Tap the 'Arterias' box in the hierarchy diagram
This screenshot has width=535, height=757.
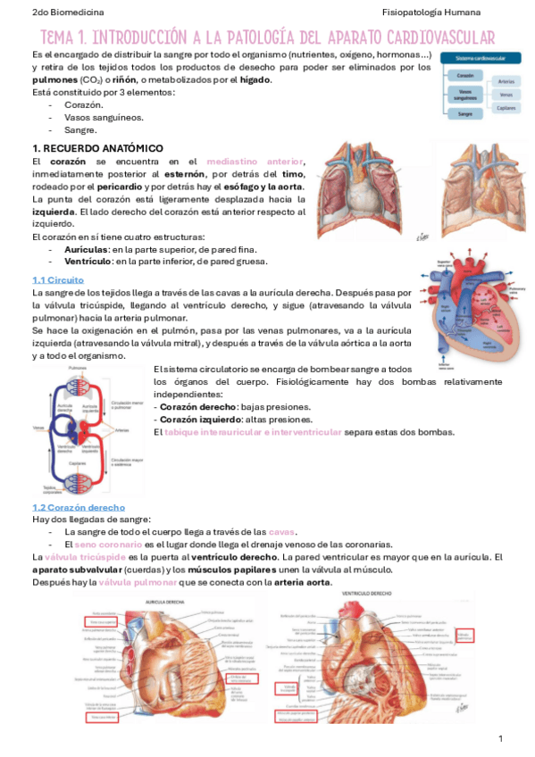pos(506,81)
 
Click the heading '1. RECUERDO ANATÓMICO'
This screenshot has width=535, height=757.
pos(97,147)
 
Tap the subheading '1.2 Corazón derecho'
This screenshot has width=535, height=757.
pos(79,507)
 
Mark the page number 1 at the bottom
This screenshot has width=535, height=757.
pos(501,738)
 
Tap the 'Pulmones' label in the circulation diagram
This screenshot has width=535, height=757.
pos(78,368)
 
